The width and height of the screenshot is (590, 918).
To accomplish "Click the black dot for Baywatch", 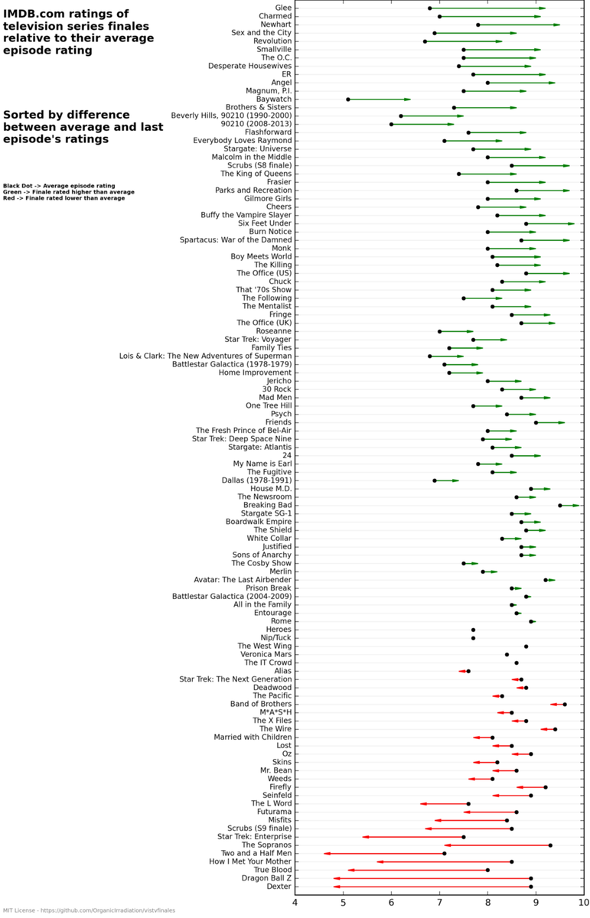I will tap(348, 99).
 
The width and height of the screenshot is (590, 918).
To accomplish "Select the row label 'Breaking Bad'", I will tap(267, 505).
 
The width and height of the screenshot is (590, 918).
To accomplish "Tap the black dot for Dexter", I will tap(531, 887).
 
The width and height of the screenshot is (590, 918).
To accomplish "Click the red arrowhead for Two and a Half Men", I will tap(327, 853).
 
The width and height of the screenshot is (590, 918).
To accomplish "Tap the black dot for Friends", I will tap(536, 422).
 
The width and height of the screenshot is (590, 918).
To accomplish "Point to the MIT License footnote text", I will tap(89, 911).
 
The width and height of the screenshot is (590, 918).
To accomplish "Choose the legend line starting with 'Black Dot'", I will tap(59, 186).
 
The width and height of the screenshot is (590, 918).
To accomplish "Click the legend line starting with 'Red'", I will tap(64, 198).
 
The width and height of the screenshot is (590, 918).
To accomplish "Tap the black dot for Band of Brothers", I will tap(565, 705).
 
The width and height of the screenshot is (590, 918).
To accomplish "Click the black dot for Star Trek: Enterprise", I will tap(464, 837).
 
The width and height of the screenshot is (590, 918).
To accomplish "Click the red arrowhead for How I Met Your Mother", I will tap(380, 862).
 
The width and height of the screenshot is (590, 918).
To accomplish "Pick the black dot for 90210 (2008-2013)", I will tap(391, 124).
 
